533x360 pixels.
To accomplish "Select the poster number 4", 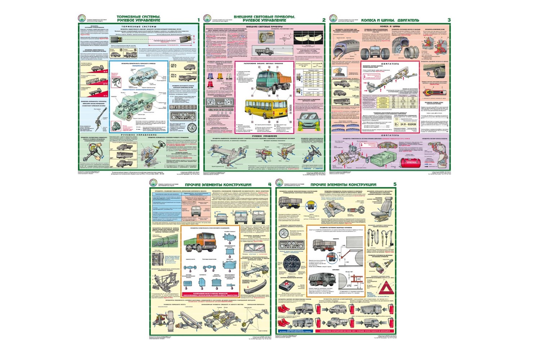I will pyautogui.click(x=269, y=185).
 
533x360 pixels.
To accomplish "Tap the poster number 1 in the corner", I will pyautogui.click(x=198, y=20).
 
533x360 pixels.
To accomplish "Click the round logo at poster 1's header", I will pyautogui.click(x=82, y=19).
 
